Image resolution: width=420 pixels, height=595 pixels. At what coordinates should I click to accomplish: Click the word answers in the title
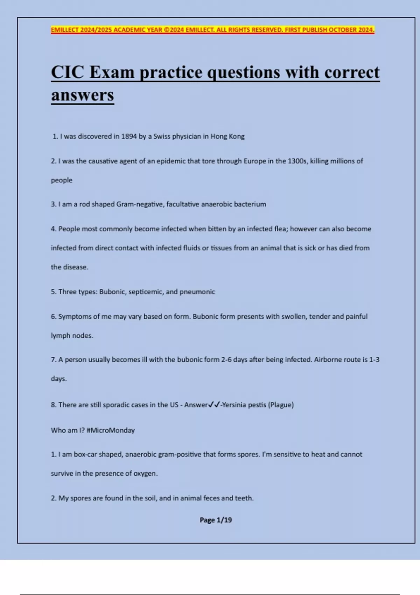pos(83,95)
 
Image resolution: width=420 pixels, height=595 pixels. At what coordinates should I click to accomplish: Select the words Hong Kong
pos(227,136)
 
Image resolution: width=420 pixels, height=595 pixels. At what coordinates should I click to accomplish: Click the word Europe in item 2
pos(255,161)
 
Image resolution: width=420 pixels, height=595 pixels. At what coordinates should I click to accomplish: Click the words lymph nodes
pos(72,336)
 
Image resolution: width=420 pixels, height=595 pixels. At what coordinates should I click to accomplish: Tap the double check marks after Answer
pos(214,405)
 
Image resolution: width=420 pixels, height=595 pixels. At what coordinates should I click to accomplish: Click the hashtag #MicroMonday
pos(111,430)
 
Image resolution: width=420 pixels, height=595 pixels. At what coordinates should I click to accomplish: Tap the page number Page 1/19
pos(216,520)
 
